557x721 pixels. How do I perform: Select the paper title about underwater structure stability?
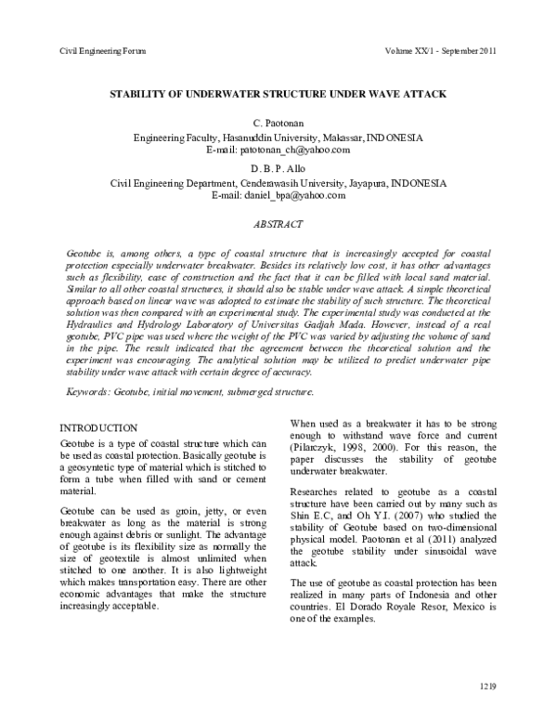[x=278, y=95]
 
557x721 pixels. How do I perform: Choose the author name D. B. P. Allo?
[x=278, y=169]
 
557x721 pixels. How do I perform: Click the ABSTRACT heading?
[x=278, y=225]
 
